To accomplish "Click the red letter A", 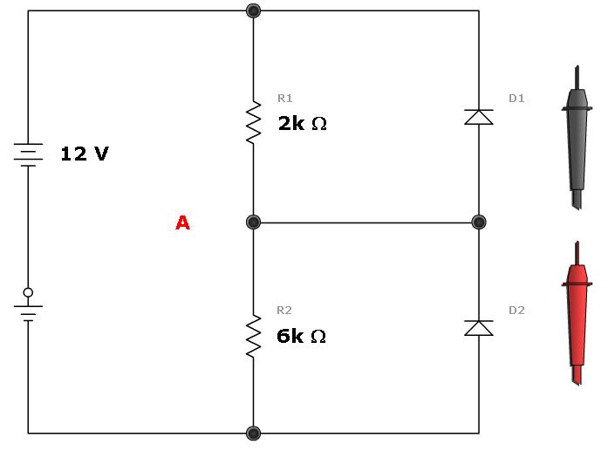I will click(x=182, y=223).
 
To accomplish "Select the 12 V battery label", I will click(x=85, y=154).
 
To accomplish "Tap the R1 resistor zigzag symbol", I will click(x=254, y=123).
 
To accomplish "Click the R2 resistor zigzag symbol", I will click(x=254, y=336).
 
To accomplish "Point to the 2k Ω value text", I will click(x=302, y=123).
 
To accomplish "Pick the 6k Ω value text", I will click(x=301, y=336).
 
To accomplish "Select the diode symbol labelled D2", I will click(x=479, y=328).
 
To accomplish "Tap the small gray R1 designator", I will click(x=285, y=98).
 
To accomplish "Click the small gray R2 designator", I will click(x=285, y=310).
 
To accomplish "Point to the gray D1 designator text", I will click(x=516, y=98).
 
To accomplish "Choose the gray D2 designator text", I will click(x=516, y=310).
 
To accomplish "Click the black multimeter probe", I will click(x=577, y=140).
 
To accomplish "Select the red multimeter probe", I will click(x=577, y=314).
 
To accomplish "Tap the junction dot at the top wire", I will click(x=254, y=10).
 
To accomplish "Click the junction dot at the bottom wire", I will click(x=254, y=433).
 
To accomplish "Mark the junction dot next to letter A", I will click(x=254, y=222).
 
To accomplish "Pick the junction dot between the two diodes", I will click(x=478, y=222).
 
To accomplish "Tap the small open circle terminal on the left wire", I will click(x=29, y=292).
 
